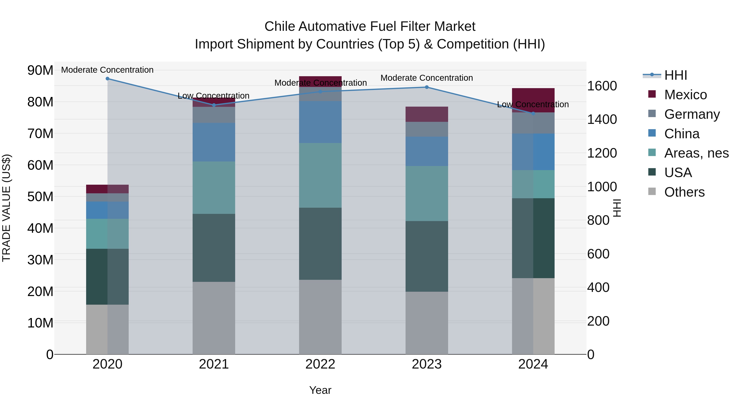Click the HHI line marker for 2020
click(108, 79)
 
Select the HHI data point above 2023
click(427, 87)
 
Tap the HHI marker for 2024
click(533, 114)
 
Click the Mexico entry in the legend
click(685, 95)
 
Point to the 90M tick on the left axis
click(40, 70)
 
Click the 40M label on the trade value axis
click(40, 228)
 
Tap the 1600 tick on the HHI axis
click(602, 86)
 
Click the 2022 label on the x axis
click(320, 364)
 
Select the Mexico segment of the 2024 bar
click(533, 100)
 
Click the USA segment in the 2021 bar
click(214, 248)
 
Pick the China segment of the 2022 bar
click(320, 122)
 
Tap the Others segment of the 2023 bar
click(427, 323)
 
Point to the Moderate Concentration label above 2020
click(108, 70)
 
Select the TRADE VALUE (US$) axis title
click(6, 208)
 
